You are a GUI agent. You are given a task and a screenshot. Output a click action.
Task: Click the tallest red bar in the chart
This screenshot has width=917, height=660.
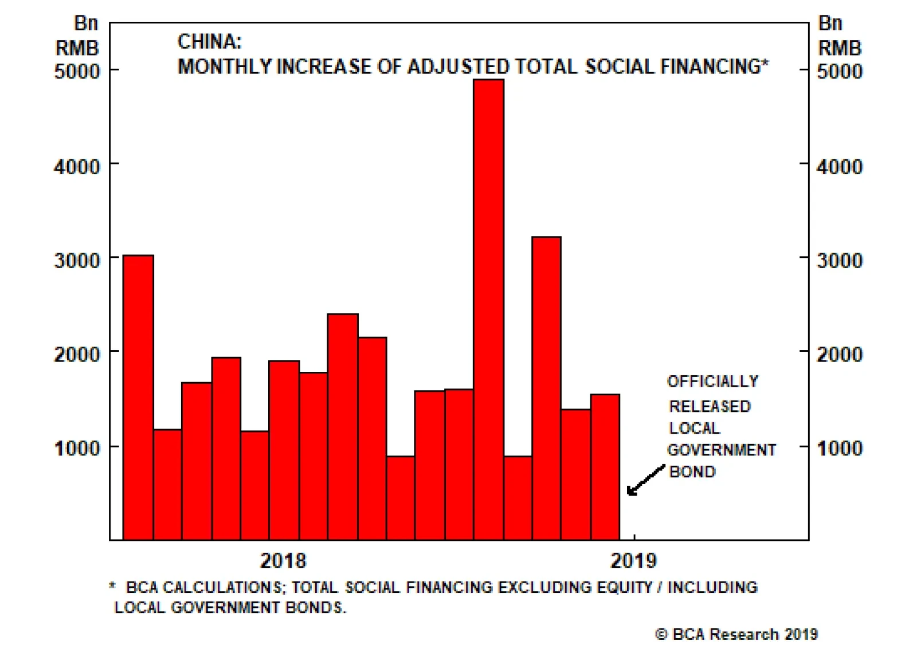489,309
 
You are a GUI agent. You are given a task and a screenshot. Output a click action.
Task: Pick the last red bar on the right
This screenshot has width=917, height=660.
605,466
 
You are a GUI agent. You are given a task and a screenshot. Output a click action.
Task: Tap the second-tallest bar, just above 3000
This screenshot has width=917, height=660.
546,388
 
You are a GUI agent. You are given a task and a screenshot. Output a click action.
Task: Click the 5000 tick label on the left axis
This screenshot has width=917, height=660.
77,72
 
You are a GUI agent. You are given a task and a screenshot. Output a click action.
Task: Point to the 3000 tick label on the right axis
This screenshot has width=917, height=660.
839,261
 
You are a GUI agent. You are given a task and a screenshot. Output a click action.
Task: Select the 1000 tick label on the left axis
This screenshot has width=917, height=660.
77,448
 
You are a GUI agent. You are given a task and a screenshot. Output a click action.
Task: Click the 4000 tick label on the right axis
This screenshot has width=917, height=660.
839,167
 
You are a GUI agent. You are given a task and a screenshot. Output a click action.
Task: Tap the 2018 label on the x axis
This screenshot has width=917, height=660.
283,560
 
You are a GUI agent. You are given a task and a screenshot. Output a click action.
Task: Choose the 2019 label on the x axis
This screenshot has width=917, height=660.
633,560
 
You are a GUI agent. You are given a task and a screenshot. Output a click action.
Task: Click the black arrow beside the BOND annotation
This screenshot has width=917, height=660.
645,480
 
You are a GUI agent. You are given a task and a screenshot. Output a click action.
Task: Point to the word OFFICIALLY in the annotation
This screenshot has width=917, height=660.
712,382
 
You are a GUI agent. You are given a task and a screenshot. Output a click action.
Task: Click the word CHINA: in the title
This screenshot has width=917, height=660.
210,42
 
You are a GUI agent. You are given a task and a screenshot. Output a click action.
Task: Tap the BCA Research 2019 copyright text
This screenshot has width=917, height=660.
736,634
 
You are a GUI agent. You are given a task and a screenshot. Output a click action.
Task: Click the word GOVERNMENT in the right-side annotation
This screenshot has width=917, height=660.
722,450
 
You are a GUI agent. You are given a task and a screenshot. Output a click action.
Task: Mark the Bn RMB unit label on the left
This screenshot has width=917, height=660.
78,36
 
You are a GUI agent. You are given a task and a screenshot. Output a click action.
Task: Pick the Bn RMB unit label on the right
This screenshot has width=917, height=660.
838,36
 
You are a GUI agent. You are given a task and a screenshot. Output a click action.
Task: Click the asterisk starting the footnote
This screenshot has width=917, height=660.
112,586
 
